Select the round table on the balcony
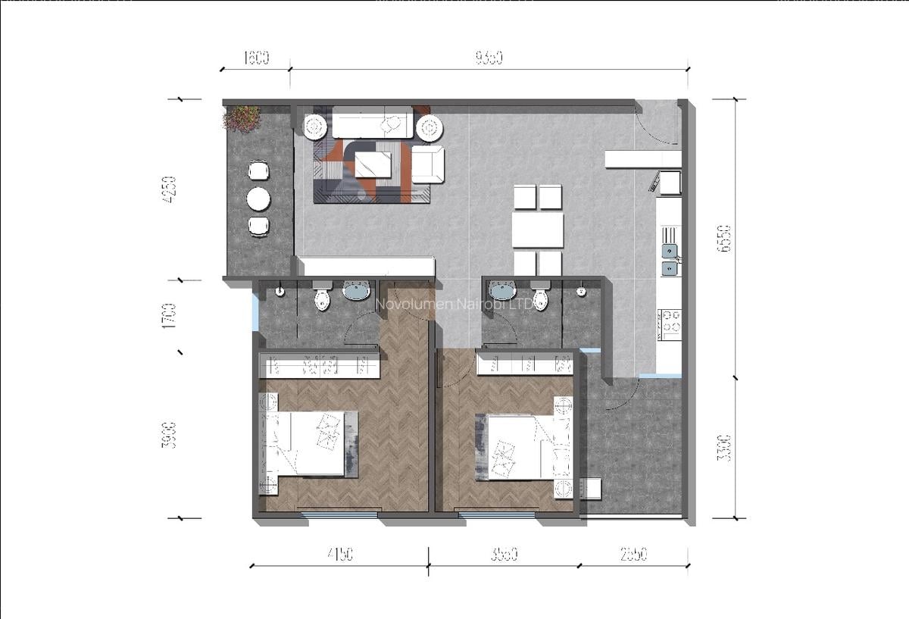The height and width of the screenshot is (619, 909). [x=259, y=199]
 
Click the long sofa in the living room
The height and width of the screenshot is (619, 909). [x=372, y=123]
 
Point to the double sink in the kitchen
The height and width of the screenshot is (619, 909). [x=670, y=258]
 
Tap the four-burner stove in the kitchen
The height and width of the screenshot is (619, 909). [x=670, y=323]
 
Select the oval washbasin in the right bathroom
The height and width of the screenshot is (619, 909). [x=501, y=289]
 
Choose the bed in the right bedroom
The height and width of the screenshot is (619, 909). [x=523, y=446]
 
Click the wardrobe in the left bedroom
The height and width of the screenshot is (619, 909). [x=319, y=367]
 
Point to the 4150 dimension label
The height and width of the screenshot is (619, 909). [x=339, y=555]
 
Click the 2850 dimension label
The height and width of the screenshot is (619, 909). [x=633, y=555]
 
